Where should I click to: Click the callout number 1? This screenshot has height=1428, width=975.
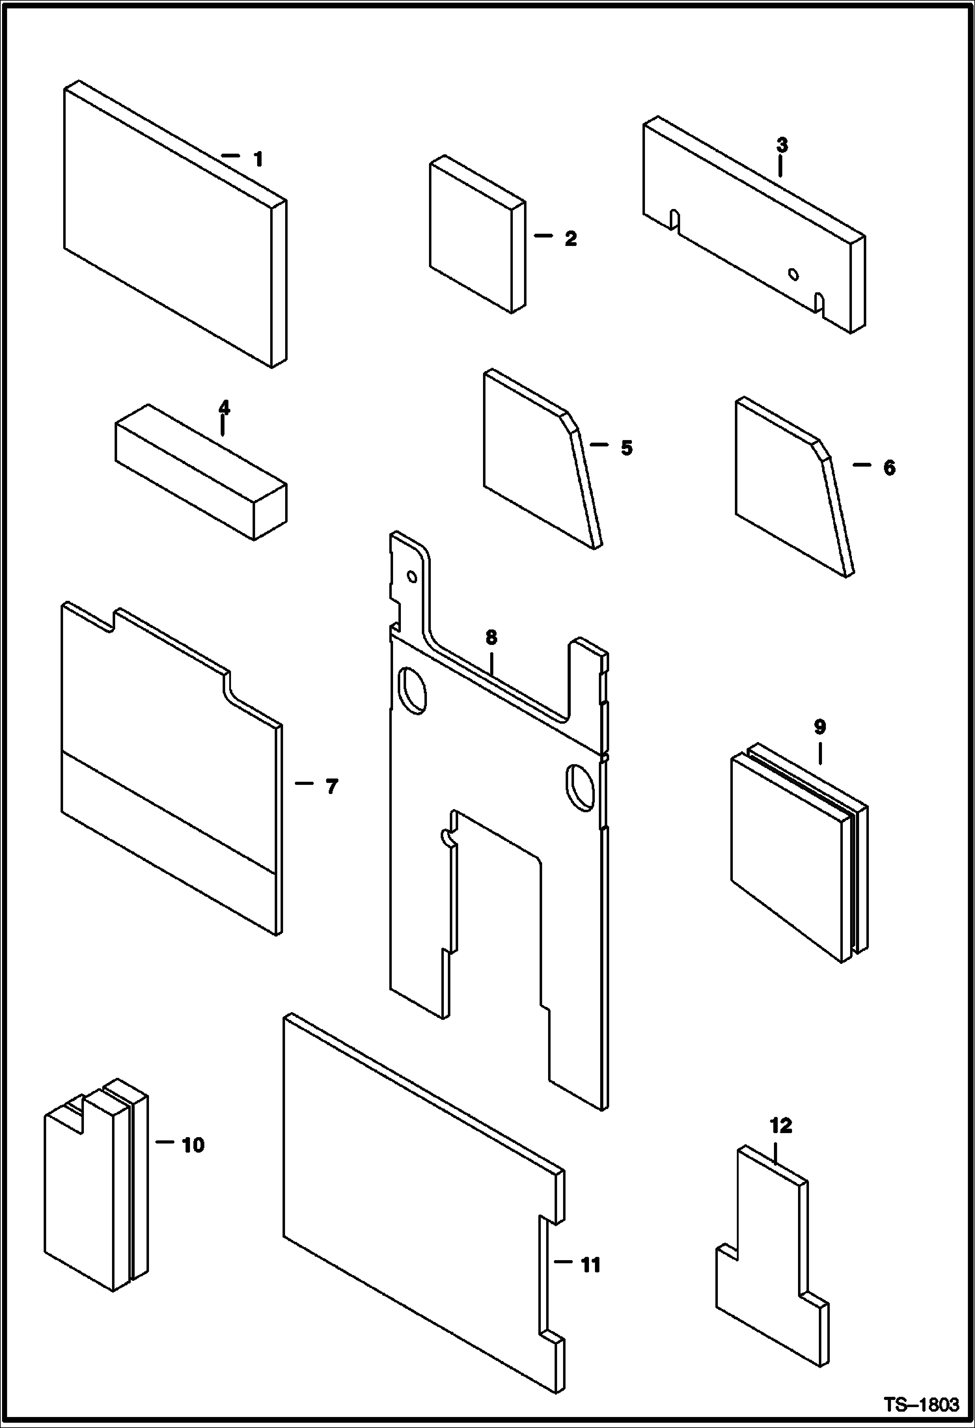(x=258, y=159)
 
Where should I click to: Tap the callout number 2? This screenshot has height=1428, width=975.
(x=570, y=239)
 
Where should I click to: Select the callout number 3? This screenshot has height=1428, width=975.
(x=782, y=145)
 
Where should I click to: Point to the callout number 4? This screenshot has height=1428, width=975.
(x=224, y=407)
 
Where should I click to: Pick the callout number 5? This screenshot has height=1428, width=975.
(x=625, y=448)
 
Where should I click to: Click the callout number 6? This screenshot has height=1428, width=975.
(x=889, y=467)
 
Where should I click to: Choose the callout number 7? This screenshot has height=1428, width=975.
(x=331, y=787)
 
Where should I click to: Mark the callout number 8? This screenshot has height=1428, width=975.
(x=491, y=637)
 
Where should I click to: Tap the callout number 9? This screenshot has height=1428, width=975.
(x=819, y=726)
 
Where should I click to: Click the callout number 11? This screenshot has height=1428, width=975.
(x=590, y=1265)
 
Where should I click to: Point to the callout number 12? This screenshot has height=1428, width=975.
(x=781, y=1126)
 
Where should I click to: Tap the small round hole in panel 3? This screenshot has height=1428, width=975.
(x=793, y=274)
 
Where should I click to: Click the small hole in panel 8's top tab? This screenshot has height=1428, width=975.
(x=411, y=576)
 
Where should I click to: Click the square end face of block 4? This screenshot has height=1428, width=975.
(x=270, y=511)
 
